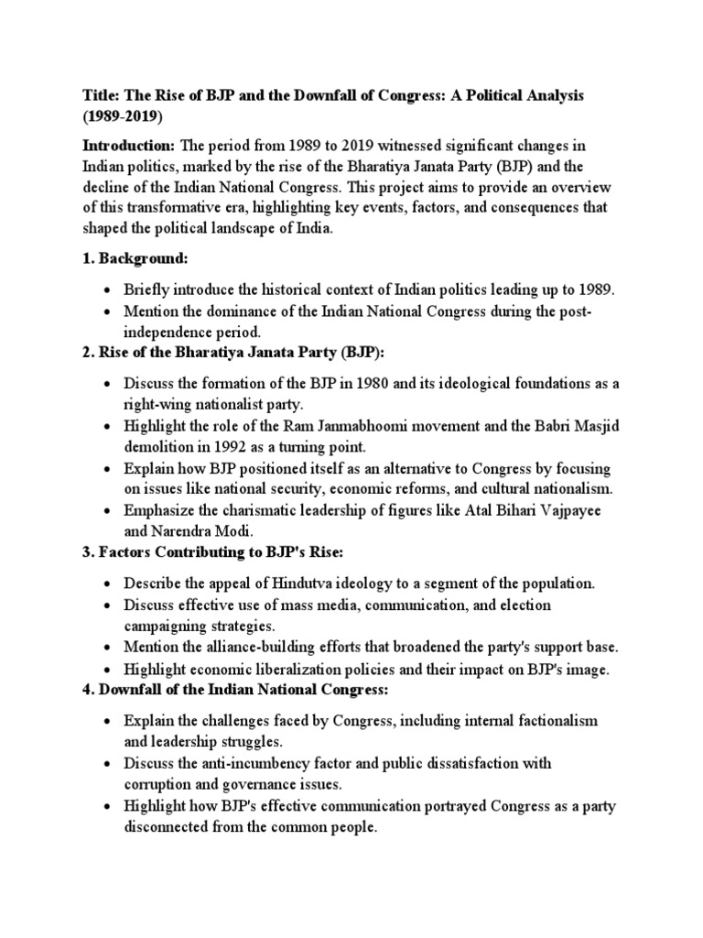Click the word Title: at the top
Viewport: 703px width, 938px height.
click(x=102, y=95)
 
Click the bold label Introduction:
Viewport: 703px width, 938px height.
click(x=129, y=146)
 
